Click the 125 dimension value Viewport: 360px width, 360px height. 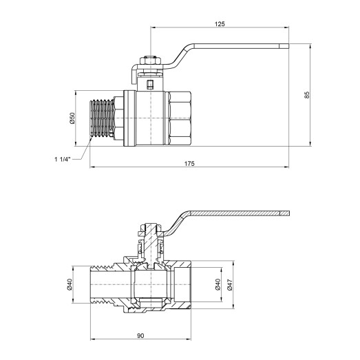tap(220, 23)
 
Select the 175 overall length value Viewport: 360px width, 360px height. tap(190, 163)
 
